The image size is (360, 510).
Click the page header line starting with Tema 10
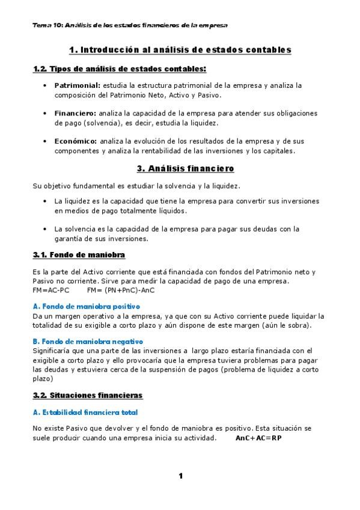(130, 26)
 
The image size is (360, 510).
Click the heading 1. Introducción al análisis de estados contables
(180, 49)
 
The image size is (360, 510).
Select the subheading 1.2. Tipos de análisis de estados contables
(119, 69)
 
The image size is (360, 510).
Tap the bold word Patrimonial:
(78, 85)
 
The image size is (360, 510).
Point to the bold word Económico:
(76, 141)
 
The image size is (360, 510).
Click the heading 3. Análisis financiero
(180, 168)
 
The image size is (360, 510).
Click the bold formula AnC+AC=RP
(258, 438)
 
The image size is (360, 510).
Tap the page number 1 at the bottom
(180, 476)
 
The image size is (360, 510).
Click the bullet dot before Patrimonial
(46, 86)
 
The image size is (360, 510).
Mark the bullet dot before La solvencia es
(46, 229)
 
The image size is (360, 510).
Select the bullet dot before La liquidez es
(46, 201)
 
